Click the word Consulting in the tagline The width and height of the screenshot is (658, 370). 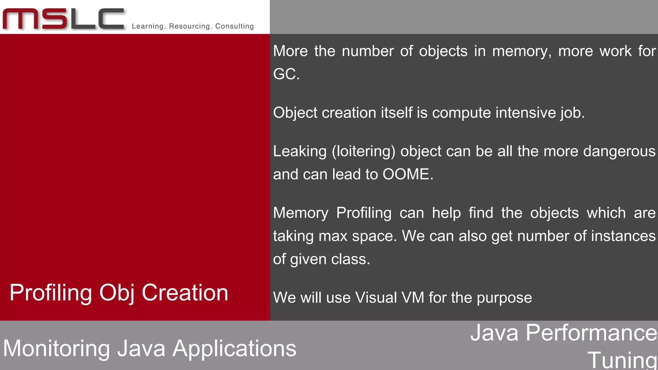click(x=235, y=26)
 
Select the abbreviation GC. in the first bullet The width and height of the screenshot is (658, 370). click(x=286, y=74)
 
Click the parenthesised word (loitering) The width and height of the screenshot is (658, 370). click(x=364, y=151)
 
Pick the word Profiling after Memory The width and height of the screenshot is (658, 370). click(x=364, y=213)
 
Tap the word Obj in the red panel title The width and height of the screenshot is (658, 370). click(x=117, y=293)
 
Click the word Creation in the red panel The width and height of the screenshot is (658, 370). click(x=185, y=293)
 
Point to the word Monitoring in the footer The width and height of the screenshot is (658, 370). click(x=57, y=349)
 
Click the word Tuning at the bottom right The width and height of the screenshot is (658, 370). click(x=622, y=360)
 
